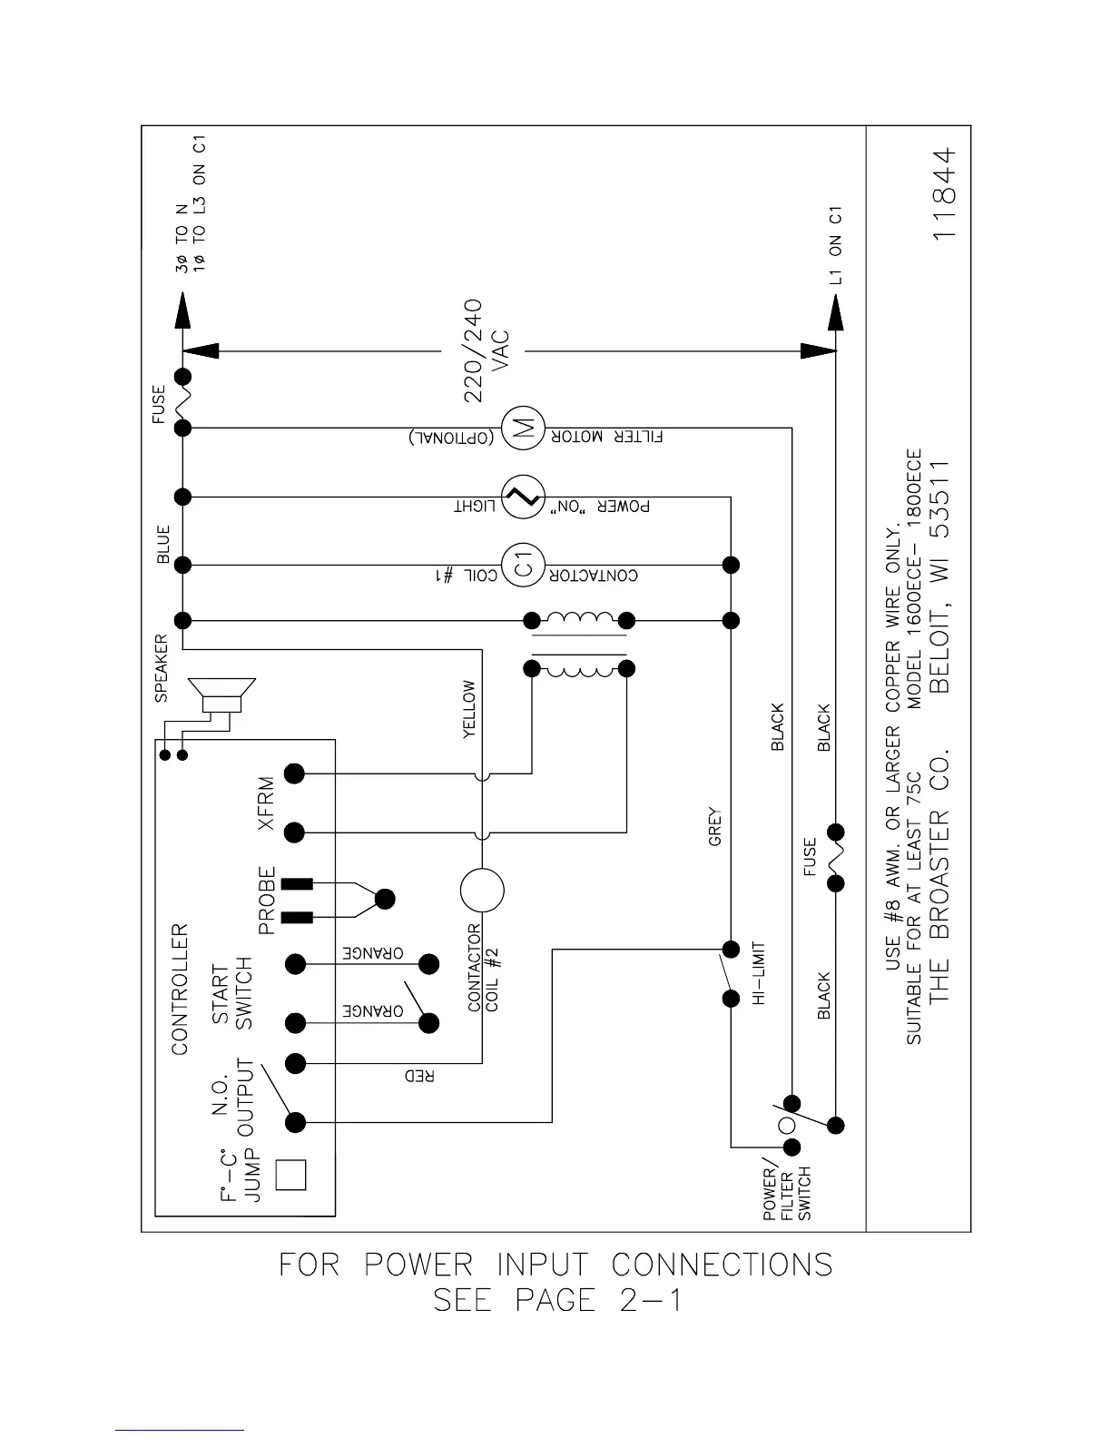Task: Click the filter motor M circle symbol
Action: (522, 427)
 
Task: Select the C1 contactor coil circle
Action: (522, 565)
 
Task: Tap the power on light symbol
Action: (522, 497)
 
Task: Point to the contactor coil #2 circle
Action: (482, 890)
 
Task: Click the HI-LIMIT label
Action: (761, 973)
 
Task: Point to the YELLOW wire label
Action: (469, 709)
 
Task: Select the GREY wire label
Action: (714, 826)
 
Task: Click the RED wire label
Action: (419, 1076)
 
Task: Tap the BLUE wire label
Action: (163, 545)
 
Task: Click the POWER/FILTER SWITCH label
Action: (786, 1192)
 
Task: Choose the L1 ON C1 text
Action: (836, 245)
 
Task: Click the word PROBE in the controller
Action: (267, 901)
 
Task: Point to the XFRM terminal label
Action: (265, 803)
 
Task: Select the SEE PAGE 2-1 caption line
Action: (557, 1300)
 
